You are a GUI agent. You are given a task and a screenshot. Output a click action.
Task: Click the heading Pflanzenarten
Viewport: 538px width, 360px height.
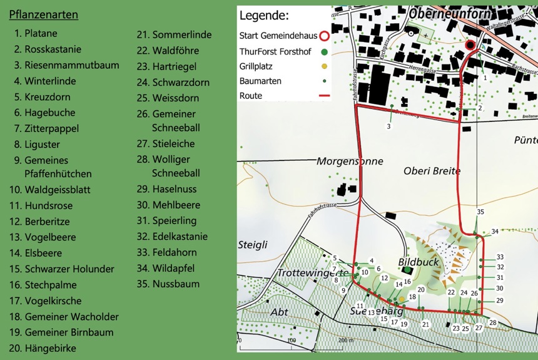coord(43,14)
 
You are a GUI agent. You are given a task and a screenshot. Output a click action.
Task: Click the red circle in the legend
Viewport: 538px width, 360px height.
coord(324,36)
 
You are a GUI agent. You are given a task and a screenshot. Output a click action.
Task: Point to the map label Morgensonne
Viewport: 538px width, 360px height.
coord(349,161)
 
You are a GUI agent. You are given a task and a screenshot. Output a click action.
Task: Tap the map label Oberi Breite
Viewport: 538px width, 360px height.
coord(432,170)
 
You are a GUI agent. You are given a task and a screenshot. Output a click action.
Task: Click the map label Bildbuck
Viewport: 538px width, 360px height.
coord(419,262)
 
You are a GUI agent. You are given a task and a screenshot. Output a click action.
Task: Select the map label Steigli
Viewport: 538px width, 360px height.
coord(253,244)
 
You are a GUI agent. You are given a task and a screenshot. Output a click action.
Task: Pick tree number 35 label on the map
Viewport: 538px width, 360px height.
coord(480,212)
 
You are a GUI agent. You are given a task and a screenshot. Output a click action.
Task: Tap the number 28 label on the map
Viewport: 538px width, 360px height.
coord(493,323)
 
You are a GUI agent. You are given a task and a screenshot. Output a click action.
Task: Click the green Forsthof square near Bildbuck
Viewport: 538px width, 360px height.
coord(407,270)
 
